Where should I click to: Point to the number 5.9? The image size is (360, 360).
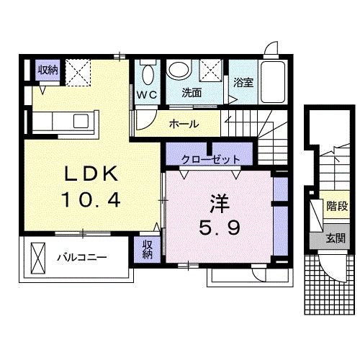coord(220,228)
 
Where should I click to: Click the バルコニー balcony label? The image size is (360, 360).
coord(81,256)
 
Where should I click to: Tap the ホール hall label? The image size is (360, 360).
coord(184,124)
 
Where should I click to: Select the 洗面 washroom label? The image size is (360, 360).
coord(190,93)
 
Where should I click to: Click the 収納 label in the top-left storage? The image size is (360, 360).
coord(48,70)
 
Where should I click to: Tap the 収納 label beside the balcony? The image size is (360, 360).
coord(147,249)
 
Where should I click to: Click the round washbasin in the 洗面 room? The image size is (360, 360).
coord(178,70)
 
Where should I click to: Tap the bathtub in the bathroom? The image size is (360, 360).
coord(273,81)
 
